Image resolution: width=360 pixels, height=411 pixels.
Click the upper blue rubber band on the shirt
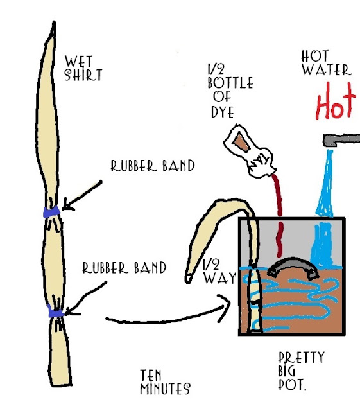(51, 212)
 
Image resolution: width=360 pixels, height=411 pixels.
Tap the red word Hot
(336, 101)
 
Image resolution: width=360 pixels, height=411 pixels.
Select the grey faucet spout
(341, 140)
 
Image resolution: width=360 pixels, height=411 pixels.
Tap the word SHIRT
(83, 75)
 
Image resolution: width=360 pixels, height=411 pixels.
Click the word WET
(78, 62)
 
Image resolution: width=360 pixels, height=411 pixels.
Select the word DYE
(223, 112)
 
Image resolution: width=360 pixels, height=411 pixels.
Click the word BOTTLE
(230, 83)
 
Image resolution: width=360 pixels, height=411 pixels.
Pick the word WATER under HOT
(327, 70)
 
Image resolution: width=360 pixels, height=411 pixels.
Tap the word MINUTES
(166, 389)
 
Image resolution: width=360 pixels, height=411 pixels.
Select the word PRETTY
(302, 358)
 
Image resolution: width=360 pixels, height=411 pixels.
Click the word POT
(292, 385)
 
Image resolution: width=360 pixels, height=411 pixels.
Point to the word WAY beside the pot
(220, 278)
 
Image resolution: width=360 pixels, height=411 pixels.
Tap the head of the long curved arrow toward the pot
(225, 308)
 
